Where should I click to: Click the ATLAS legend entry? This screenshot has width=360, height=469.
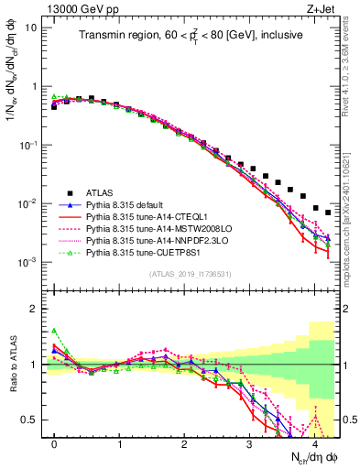(x=102, y=192)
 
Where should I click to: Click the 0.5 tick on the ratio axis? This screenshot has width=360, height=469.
(x=34, y=420)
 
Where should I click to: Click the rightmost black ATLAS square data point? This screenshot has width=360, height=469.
(x=328, y=213)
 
